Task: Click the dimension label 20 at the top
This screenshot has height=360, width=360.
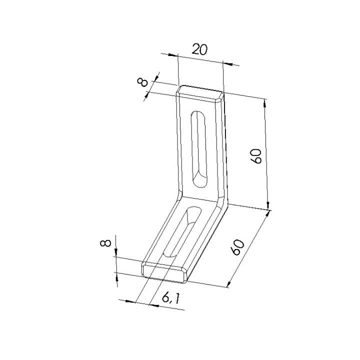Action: click(199, 49)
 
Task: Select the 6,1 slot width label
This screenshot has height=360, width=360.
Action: click(170, 298)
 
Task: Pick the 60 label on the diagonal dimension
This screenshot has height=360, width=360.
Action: click(237, 247)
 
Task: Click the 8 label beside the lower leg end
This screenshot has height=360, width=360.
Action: click(105, 243)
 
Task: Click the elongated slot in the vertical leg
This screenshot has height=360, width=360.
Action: click(199, 149)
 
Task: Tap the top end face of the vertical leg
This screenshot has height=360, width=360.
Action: click(200, 93)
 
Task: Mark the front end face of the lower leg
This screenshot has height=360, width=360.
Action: click(165, 272)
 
